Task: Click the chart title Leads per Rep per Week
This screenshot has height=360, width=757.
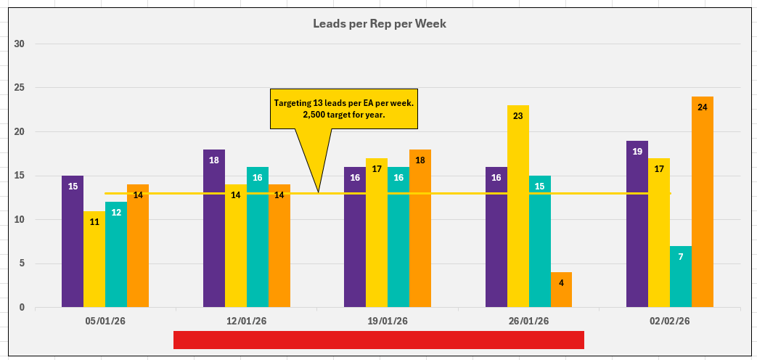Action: click(379, 24)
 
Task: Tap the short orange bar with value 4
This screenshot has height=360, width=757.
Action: click(561, 290)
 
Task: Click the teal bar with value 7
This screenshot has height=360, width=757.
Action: click(680, 277)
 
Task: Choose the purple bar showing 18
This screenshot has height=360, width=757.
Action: click(214, 228)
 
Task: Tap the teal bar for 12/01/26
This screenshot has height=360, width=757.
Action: click(258, 237)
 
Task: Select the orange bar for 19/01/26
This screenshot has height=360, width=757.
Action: click(420, 228)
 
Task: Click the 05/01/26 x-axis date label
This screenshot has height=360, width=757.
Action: click(105, 321)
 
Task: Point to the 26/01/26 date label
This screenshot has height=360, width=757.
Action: click(528, 321)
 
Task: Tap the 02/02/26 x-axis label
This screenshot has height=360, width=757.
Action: click(669, 321)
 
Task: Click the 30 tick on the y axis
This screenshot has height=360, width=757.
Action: click(20, 44)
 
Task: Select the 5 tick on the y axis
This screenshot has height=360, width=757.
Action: click(22, 263)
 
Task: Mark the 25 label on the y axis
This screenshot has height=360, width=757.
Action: click(20, 88)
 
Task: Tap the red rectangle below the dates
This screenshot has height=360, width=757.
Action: click(378, 340)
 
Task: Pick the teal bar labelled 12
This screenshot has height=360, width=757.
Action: click(116, 255)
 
